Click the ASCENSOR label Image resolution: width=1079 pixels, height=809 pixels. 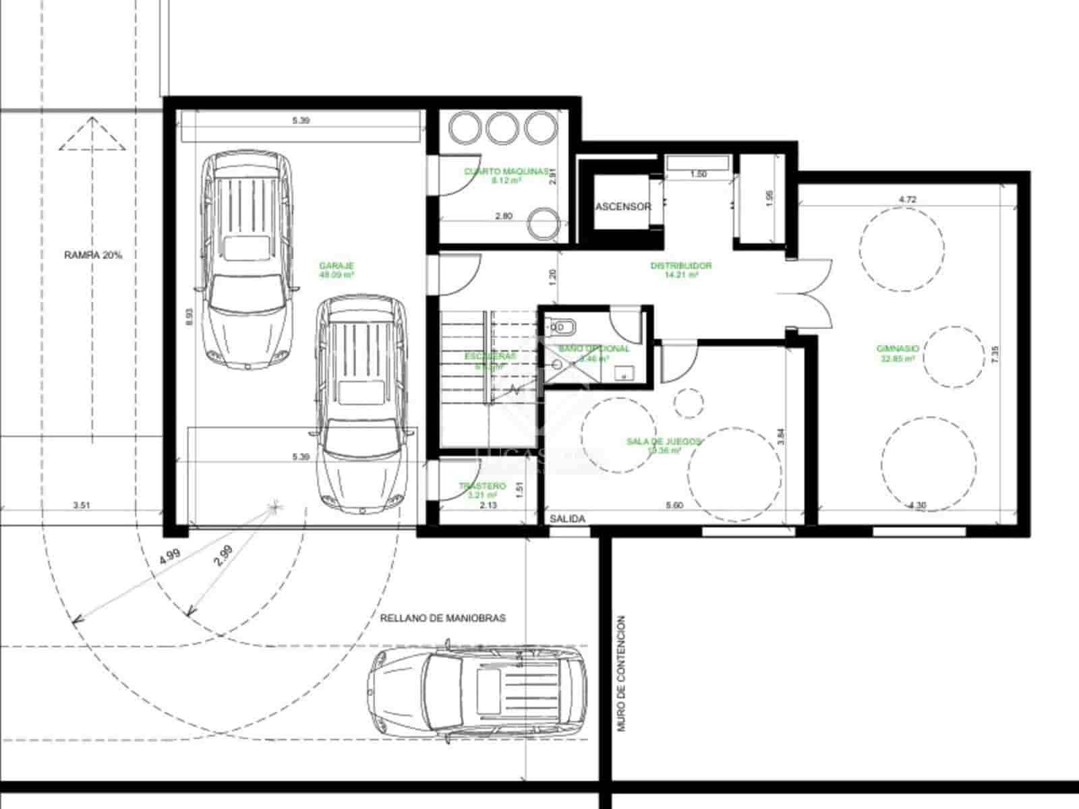pyautogui.click(x=623, y=206)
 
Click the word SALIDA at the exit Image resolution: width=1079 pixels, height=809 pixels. pyautogui.click(x=567, y=519)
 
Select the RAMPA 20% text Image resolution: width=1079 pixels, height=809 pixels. pyautogui.click(x=93, y=256)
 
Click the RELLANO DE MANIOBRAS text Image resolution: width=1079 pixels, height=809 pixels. pyautogui.click(x=442, y=618)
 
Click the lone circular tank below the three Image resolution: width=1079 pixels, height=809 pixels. pyautogui.click(x=542, y=222)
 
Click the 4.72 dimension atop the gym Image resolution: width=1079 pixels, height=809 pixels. pyautogui.click(x=907, y=200)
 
